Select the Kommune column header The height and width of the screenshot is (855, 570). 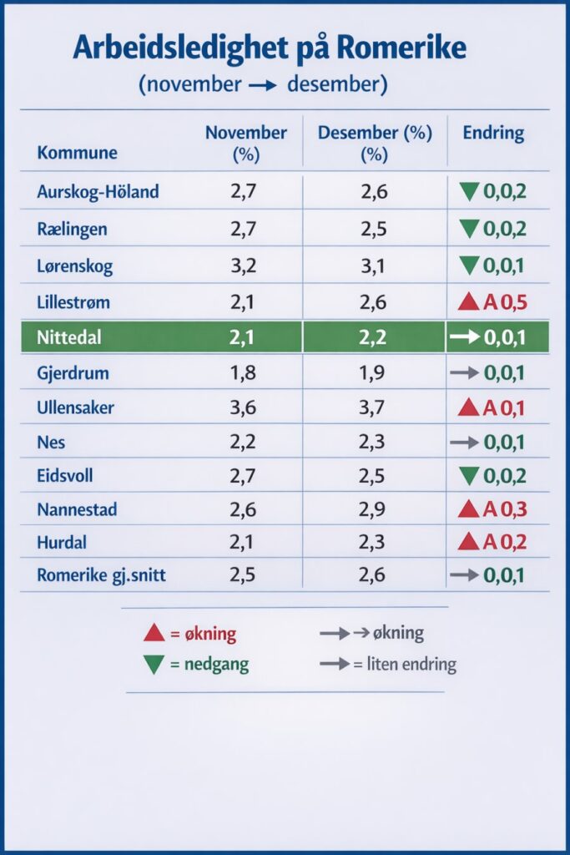click(77, 153)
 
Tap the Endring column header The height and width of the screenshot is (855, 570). click(493, 133)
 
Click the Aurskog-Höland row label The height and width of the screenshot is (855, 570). click(98, 193)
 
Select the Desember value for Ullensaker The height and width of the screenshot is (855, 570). click(375, 409)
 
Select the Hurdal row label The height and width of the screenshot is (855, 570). click(62, 542)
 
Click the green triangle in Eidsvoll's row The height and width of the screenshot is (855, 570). click(470, 476)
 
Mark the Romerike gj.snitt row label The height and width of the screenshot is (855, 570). click(101, 575)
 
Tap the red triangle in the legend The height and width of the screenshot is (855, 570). click(154, 633)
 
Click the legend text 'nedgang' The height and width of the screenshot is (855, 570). click(215, 665)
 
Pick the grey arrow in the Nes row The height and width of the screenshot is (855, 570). click(464, 442)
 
